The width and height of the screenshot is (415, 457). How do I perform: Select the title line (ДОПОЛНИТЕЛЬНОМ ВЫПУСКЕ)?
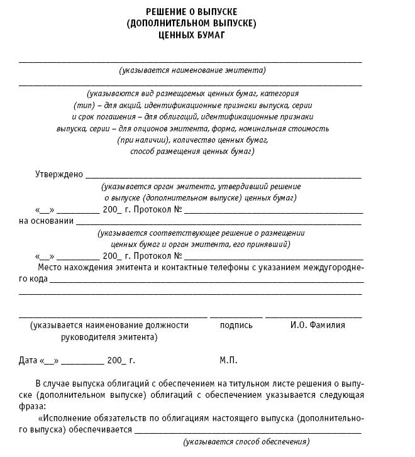(x=192, y=23)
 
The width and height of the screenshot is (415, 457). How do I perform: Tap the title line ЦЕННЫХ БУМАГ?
(x=192, y=35)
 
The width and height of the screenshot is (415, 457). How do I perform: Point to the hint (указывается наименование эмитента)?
(x=192, y=70)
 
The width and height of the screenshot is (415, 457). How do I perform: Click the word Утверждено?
(x=58, y=175)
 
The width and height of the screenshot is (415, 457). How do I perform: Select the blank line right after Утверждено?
(x=223, y=178)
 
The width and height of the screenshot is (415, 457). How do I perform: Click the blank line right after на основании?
(x=219, y=224)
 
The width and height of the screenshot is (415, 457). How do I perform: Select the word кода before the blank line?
(x=37, y=279)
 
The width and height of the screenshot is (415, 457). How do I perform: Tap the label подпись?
(x=236, y=325)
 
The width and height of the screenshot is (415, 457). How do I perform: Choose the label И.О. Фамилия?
(x=318, y=325)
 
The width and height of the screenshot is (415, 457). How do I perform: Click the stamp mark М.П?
(x=228, y=360)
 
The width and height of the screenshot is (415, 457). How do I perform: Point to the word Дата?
(x=28, y=360)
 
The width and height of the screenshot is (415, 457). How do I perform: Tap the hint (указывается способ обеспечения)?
(x=246, y=441)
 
